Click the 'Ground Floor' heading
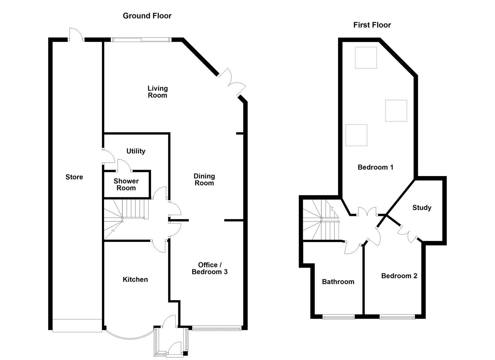pyautogui.click(x=147, y=16)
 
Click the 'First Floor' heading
pyautogui.click(x=372, y=25)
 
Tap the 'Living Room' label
pyautogui.click(x=157, y=92)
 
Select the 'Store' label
pyautogui.click(x=74, y=177)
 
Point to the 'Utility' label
pyautogui.click(x=136, y=151)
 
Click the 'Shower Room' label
pyautogui.click(x=126, y=184)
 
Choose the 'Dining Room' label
pyautogui.click(x=204, y=179)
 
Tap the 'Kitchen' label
pyautogui.click(x=135, y=279)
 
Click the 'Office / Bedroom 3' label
pyautogui.click(x=209, y=268)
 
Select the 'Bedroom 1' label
pyautogui.click(x=375, y=167)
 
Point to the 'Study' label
pyautogui.click(x=422, y=208)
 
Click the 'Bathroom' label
pyautogui.click(x=338, y=282)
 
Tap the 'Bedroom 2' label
pyautogui.click(x=399, y=276)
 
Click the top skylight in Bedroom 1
pyautogui.click(x=366, y=58)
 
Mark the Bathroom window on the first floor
pyautogui.click(x=338, y=317)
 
